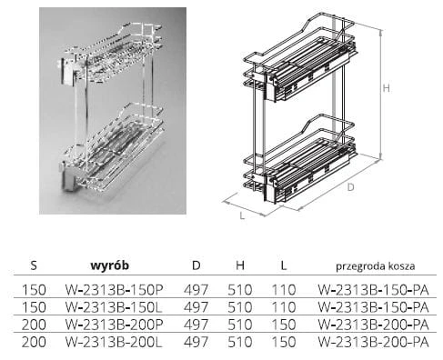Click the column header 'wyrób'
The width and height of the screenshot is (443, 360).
110,265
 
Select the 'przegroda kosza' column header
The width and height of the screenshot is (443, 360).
376,266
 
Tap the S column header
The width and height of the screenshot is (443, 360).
34,265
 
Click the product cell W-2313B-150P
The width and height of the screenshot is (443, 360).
115,290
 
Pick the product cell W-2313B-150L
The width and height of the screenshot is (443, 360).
114,307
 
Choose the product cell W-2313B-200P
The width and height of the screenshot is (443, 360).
115,325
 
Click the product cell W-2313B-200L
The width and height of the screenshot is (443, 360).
114,342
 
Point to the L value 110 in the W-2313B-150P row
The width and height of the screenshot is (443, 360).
284,290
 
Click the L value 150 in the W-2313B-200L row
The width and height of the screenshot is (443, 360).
284,342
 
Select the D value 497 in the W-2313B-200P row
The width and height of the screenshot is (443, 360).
196,325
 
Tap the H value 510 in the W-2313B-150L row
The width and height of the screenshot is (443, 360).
240,307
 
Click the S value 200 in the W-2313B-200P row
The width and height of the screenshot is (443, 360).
34,325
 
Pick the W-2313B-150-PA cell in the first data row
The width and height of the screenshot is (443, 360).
373,290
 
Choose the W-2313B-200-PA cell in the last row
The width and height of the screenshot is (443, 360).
373,342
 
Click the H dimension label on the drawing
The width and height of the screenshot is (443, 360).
386,88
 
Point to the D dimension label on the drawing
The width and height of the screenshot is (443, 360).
350,187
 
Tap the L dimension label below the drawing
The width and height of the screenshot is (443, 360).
242,215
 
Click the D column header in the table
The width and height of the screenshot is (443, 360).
196,265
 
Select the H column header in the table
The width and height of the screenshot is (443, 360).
240,265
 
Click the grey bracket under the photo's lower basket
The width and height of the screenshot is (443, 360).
69,180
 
